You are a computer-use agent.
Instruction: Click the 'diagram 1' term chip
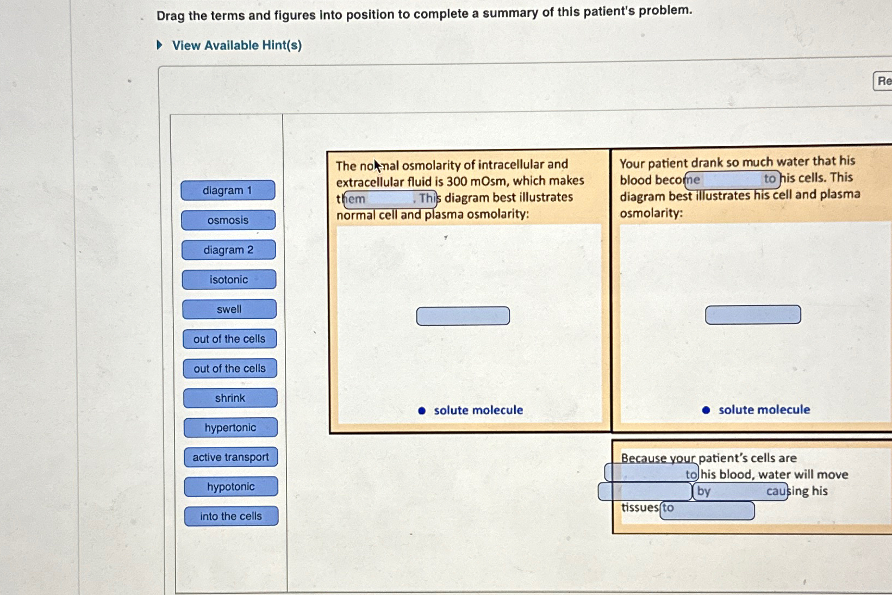pos(228,190)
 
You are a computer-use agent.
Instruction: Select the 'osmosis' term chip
pos(228,220)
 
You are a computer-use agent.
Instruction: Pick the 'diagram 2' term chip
pos(228,250)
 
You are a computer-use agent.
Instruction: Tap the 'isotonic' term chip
pos(229,280)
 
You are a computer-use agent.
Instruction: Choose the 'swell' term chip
pos(229,309)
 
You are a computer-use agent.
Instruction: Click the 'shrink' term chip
pos(230,398)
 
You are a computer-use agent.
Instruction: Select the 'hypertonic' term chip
pos(230,427)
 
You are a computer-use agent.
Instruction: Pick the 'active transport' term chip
pos(230,457)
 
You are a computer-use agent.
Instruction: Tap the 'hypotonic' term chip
pos(231,487)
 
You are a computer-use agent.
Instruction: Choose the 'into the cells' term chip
pos(231,516)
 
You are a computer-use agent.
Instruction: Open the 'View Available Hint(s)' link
pos(236,45)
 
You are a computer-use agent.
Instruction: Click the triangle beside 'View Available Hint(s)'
pos(160,45)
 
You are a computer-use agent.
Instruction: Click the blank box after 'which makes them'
pos(390,199)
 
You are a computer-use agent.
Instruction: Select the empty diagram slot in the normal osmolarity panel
pos(463,316)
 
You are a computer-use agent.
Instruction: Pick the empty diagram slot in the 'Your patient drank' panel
pos(753,315)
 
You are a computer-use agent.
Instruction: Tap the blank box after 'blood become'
pos(732,179)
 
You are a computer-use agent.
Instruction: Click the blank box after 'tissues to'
pos(707,510)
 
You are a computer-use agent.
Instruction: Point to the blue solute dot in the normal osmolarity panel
pos(422,411)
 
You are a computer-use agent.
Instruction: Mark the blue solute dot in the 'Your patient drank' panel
pos(706,410)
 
